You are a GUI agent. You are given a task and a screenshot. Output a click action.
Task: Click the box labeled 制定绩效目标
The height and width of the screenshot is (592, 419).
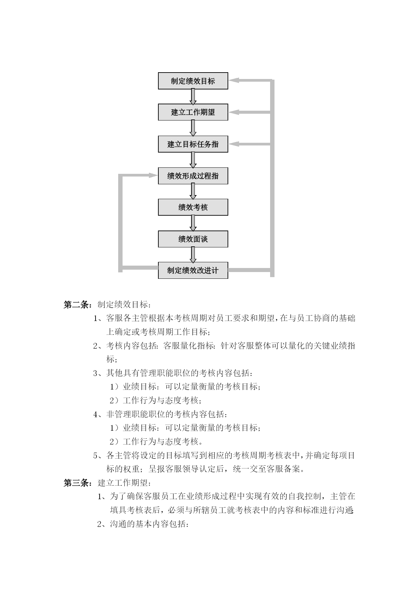(x=193, y=81)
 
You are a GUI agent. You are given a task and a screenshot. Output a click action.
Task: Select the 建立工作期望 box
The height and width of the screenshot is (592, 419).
(x=193, y=112)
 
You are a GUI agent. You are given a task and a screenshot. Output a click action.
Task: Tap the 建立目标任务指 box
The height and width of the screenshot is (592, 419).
(x=193, y=144)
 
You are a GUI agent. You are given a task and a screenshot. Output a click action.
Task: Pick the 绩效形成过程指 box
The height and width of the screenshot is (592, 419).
(x=193, y=176)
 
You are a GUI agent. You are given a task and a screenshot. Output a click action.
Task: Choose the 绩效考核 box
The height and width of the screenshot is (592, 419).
(x=193, y=207)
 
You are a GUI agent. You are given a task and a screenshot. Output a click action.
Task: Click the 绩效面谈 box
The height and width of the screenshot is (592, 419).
(x=193, y=239)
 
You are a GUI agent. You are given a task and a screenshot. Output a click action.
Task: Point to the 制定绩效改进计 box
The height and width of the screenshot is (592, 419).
(x=193, y=270)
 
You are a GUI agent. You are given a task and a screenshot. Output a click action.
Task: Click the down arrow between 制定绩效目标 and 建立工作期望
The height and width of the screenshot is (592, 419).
(x=193, y=97)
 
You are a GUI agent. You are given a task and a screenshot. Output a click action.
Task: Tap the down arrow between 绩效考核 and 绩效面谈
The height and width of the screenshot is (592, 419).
(x=193, y=223)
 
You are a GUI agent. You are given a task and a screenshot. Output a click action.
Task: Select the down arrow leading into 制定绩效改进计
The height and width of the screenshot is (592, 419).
(x=193, y=255)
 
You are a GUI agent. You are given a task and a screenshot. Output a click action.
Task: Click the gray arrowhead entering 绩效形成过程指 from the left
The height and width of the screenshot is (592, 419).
(x=153, y=176)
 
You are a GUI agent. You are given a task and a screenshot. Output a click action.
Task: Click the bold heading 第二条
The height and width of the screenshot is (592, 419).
(x=76, y=304)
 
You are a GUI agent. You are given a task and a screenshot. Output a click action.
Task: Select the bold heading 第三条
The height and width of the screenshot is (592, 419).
(x=76, y=483)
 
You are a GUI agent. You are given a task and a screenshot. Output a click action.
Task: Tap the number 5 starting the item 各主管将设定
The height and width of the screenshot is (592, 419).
(x=95, y=456)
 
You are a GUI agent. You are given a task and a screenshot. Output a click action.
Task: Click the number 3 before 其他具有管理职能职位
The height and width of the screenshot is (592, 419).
(x=95, y=373)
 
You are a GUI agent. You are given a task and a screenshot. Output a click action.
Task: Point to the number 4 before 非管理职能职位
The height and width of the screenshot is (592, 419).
(x=95, y=414)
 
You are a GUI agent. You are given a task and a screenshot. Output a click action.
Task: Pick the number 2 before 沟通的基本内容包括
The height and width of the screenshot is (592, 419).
(x=99, y=524)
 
